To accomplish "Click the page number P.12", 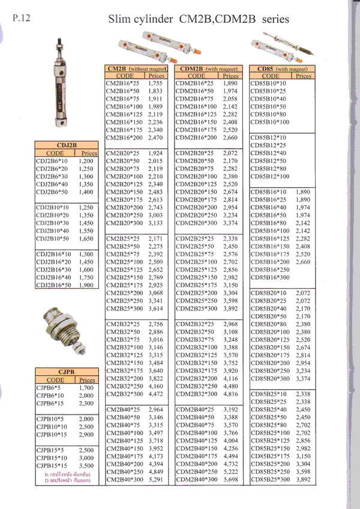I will [x=22, y=17].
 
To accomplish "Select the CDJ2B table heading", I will [x=66, y=145].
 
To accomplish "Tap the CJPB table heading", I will [x=66, y=371].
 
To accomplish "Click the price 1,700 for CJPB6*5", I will [x=86, y=388].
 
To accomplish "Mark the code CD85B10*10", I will [x=268, y=83].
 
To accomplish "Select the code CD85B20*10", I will [x=268, y=293].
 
